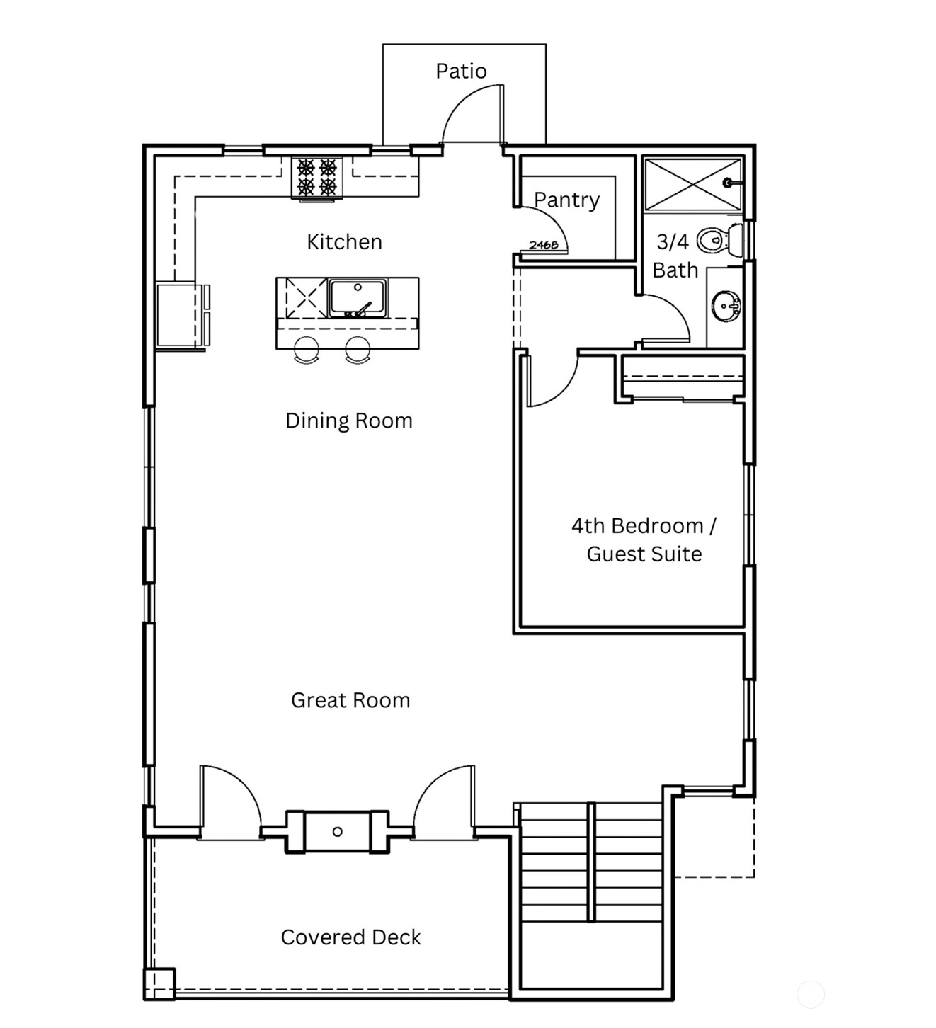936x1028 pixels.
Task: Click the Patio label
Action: point(461,72)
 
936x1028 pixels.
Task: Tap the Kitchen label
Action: point(345,242)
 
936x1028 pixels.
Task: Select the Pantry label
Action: point(567,200)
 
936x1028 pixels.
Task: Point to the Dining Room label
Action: point(348,421)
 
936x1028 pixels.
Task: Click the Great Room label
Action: point(350,700)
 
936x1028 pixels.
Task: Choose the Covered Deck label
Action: point(350,937)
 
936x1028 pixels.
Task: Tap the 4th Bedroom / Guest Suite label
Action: point(644,539)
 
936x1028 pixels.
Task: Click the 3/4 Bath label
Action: point(675,256)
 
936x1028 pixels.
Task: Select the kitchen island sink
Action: point(358,297)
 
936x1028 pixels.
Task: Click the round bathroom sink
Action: point(726,307)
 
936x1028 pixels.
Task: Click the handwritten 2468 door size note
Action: point(543,245)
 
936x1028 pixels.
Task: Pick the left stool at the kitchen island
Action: point(307,350)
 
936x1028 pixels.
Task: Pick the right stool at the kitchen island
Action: point(358,350)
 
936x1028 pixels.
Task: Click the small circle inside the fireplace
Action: point(337,832)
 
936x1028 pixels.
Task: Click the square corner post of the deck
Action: point(159,983)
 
